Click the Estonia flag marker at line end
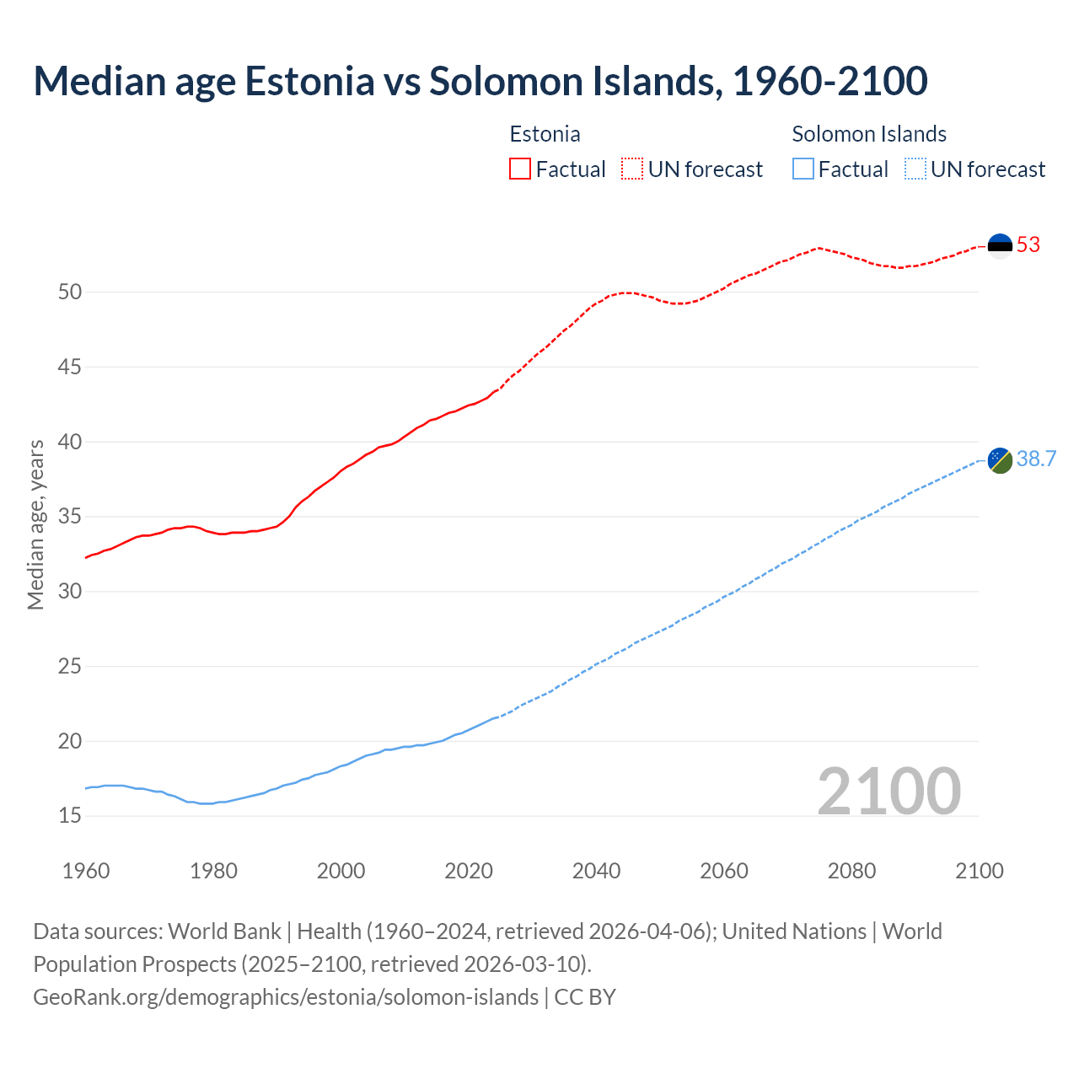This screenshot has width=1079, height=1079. pos(1000,245)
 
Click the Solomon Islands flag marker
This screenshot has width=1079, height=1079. pos(1000,460)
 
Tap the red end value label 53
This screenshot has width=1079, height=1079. pos(1028,245)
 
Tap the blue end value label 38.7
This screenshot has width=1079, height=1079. pos(1036,459)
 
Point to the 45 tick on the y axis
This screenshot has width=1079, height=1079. pos(70,368)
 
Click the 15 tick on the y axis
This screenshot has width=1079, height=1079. pos(70,816)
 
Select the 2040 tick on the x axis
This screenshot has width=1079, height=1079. pos(596,871)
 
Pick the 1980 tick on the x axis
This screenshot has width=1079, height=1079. pos(213,871)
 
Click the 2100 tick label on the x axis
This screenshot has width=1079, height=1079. pos(979,871)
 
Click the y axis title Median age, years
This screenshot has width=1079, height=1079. pos(35,524)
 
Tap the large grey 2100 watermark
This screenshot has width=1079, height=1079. pos(888,791)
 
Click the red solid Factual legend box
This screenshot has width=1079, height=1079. pos(520,169)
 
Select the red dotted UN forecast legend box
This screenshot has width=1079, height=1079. pos(632,169)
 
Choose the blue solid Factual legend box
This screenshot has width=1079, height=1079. pos(803,169)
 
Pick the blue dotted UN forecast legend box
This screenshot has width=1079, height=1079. pos(915,169)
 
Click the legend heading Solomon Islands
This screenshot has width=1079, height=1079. pos(869,134)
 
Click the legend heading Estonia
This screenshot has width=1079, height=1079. pos(545,134)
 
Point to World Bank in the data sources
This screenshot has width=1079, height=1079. pos(224,931)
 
